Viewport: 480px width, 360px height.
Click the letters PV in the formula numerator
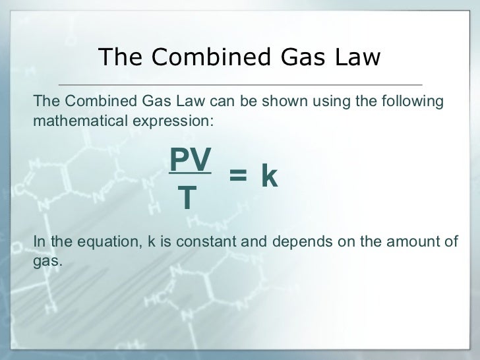pos(191,159)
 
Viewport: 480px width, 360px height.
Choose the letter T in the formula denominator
pos(189,198)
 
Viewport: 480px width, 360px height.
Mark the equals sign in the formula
pos(237,176)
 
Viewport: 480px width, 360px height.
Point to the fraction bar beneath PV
pos(191,175)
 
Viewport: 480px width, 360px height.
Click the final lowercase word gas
pos(46,262)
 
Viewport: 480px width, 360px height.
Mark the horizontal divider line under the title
pos(240,85)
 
